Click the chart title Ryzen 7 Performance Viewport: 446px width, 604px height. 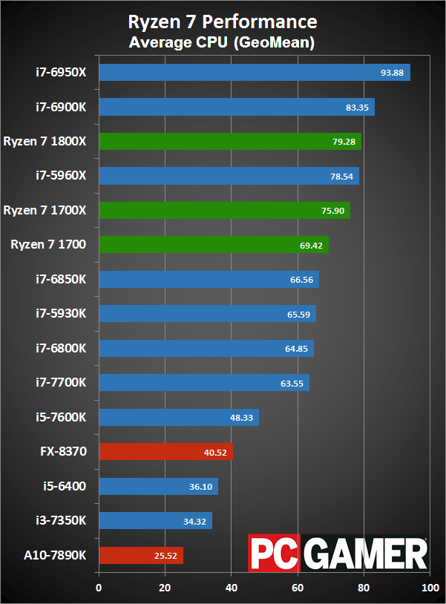(x=222, y=22)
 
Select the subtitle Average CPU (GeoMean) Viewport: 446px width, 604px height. (x=222, y=43)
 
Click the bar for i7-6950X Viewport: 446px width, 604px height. (x=254, y=72)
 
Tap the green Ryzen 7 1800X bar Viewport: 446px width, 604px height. (x=229, y=141)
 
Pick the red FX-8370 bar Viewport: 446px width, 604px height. (x=165, y=451)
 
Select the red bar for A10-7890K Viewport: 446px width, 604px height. (x=140, y=555)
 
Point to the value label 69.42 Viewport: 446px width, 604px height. (x=312, y=244)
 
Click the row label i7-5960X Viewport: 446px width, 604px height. (x=61, y=176)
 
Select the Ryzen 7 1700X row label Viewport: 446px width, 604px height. (x=45, y=210)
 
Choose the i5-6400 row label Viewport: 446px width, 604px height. (x=65, y=486)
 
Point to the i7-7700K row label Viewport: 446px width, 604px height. (x=61, y=382)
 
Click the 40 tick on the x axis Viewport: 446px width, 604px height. (x=231, y=588)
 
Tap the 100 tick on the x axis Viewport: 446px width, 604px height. (x=430, y=588)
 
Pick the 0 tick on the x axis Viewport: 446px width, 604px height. (x=99, y=588)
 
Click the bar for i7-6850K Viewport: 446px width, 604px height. (x=209, y=279)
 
